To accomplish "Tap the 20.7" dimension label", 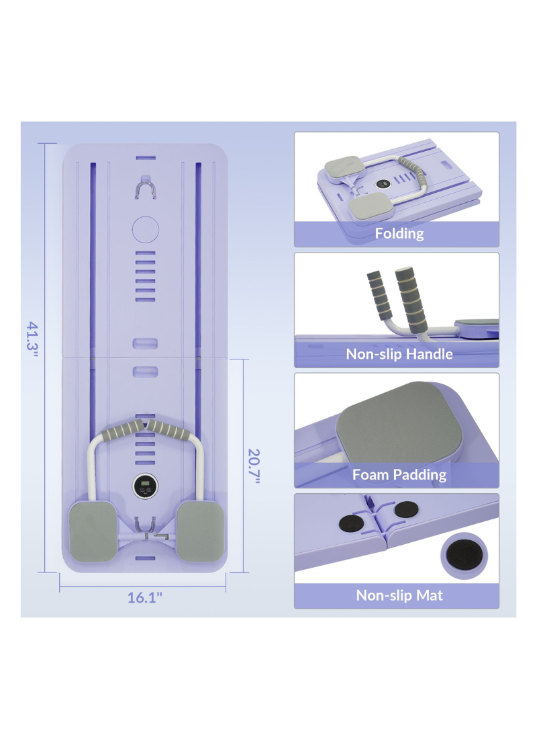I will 253,466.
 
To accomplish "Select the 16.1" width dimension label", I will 145,597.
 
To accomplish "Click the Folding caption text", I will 399,234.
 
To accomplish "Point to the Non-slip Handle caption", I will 399,354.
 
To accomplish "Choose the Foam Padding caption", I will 399,475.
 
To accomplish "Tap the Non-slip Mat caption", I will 399,595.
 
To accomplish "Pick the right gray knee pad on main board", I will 199,529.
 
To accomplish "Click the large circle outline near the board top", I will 145,229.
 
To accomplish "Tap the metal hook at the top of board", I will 145,188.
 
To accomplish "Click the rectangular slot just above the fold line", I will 145,343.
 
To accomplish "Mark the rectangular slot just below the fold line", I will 145,371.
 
